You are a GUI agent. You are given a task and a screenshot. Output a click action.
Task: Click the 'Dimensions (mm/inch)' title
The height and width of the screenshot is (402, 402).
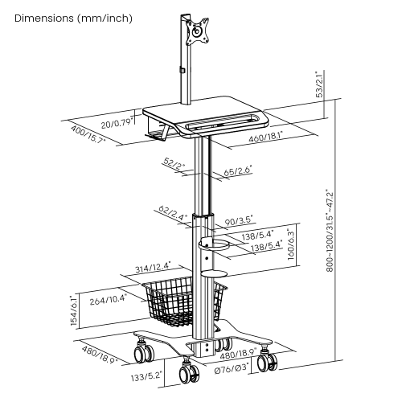point(73,18)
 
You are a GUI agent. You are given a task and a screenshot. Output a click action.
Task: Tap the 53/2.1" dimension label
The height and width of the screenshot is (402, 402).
point(320,84)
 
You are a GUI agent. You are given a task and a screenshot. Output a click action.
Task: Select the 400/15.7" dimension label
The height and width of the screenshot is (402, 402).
point(88,134)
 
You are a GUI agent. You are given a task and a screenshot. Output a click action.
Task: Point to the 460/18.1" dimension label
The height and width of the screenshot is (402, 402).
point(266,137)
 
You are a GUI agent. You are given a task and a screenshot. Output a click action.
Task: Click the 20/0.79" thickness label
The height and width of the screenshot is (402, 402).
point(117,124)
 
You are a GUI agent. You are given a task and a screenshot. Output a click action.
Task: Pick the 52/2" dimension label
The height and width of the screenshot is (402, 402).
point(174,163)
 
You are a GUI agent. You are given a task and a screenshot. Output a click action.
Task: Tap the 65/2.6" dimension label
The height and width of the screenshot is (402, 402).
point(238,170)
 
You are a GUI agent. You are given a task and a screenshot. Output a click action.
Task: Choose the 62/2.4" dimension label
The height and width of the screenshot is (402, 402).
point(172,213)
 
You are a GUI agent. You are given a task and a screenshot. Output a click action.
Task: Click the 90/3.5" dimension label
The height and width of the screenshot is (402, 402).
point(239,221)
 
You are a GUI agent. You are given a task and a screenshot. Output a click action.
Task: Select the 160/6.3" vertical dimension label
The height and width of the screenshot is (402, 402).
point(291,244)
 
